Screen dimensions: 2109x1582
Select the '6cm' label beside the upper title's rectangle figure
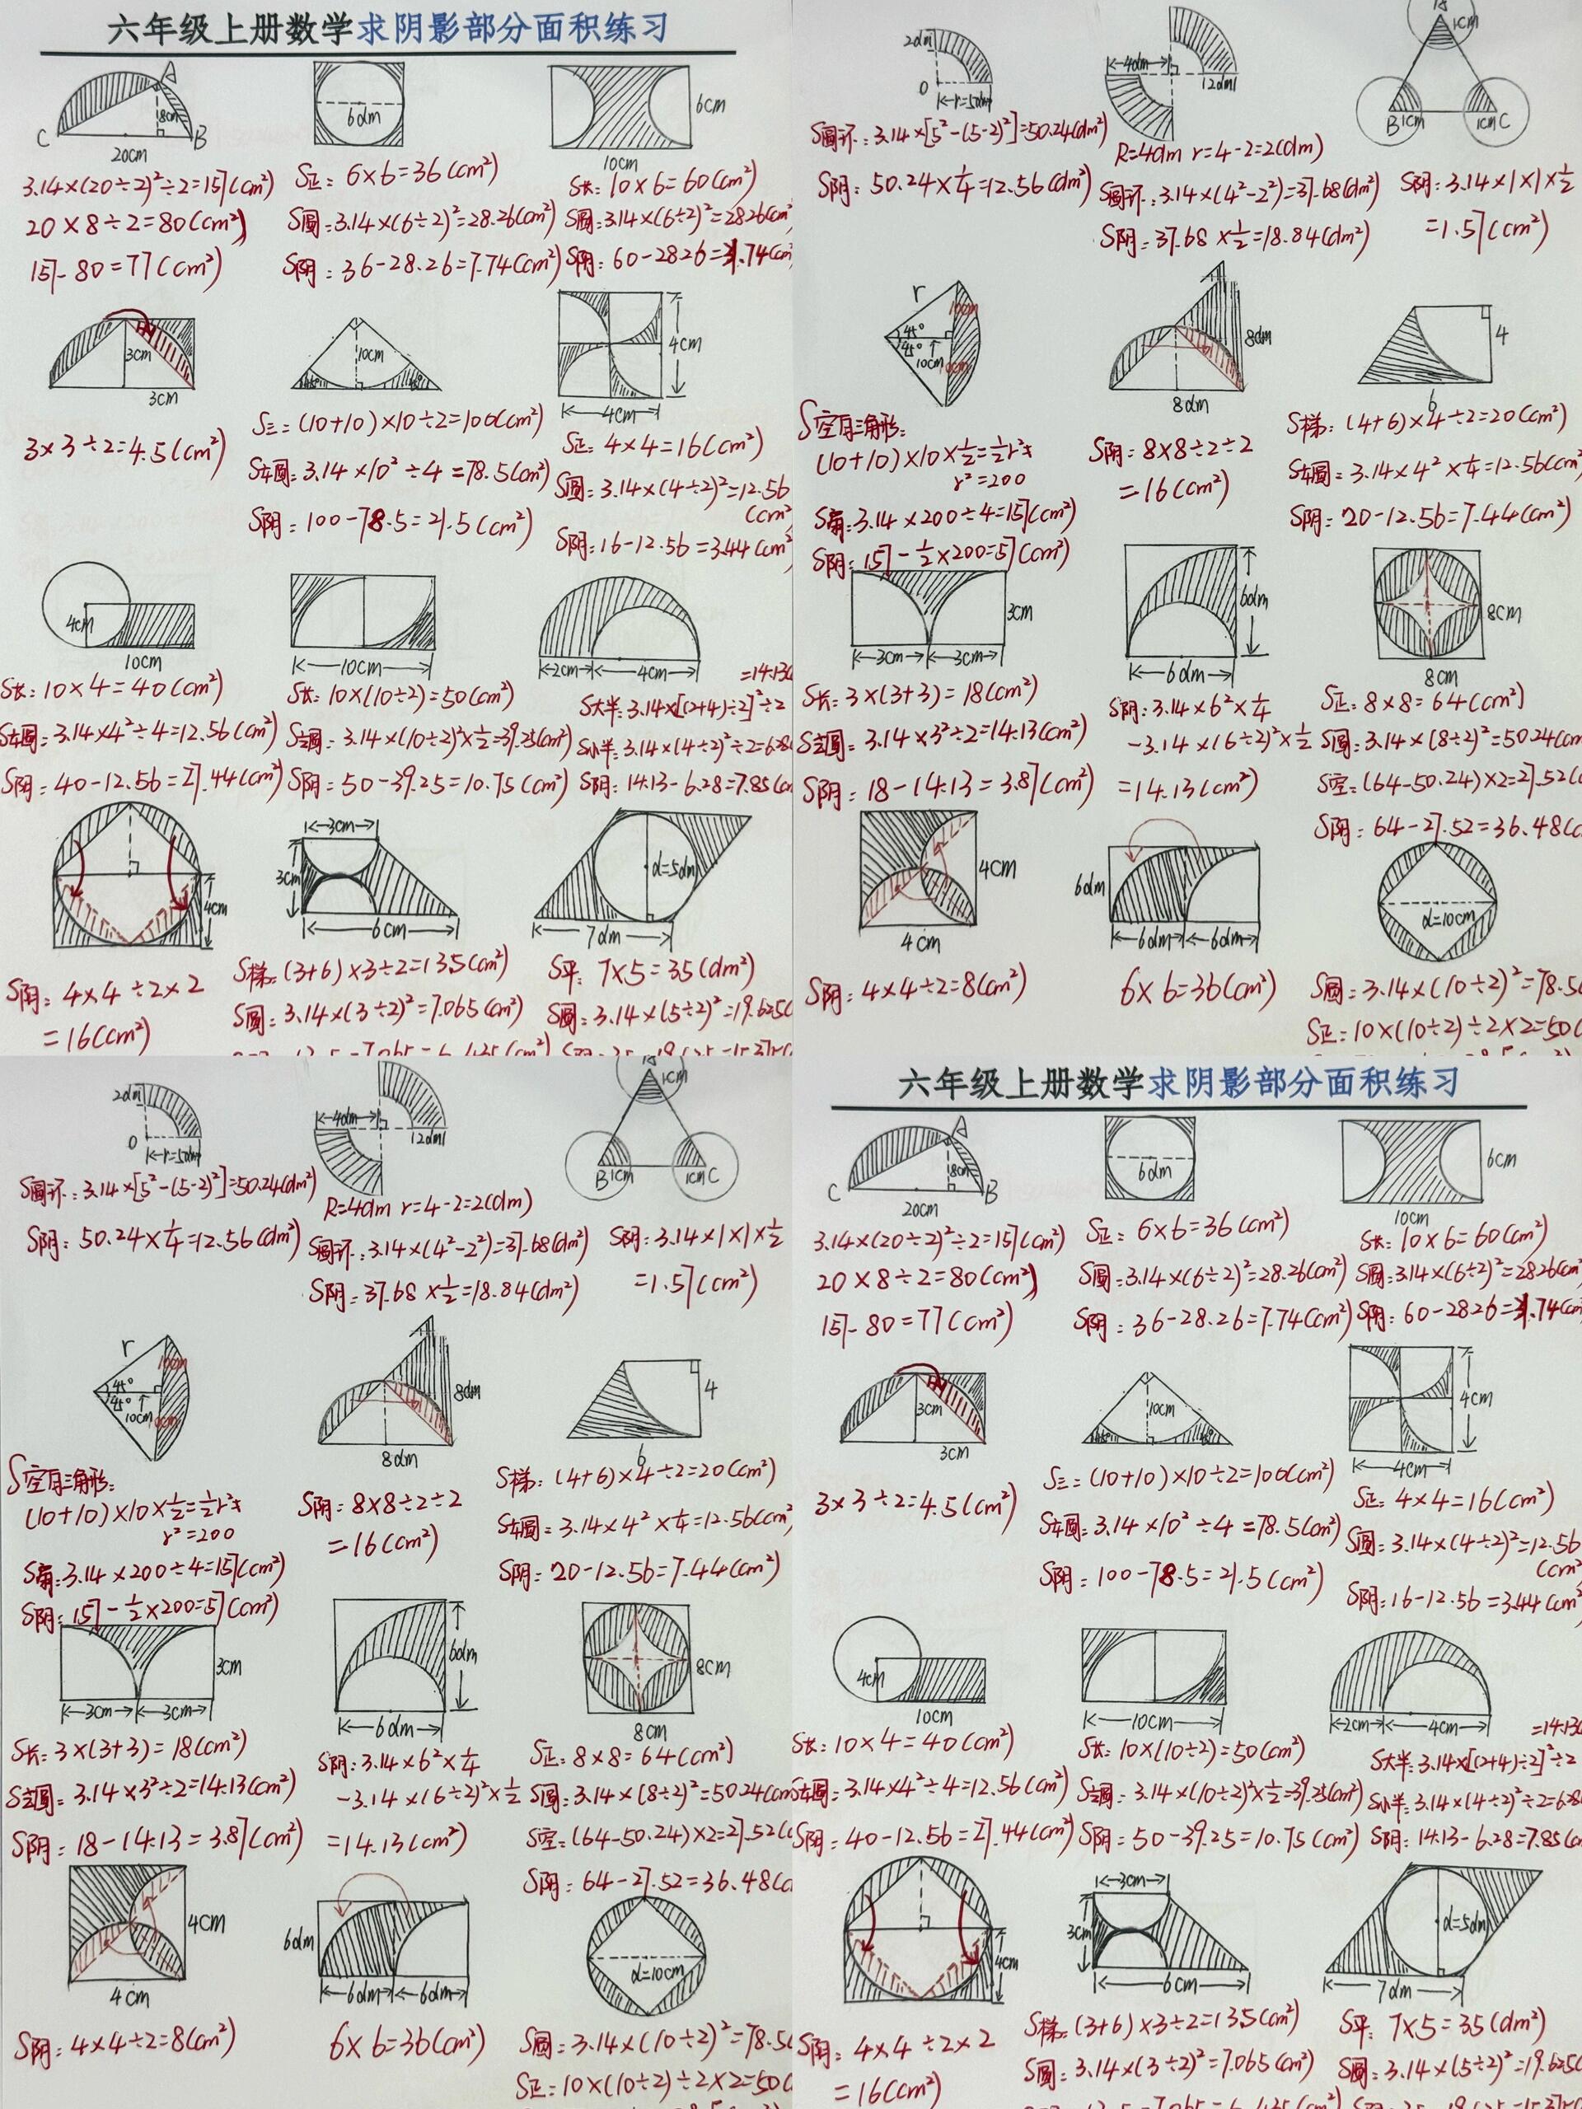[x=711, y=105]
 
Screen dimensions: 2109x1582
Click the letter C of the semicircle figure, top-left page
[x=43, y=140]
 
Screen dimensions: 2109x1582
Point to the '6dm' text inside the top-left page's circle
[x=359, y=119]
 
